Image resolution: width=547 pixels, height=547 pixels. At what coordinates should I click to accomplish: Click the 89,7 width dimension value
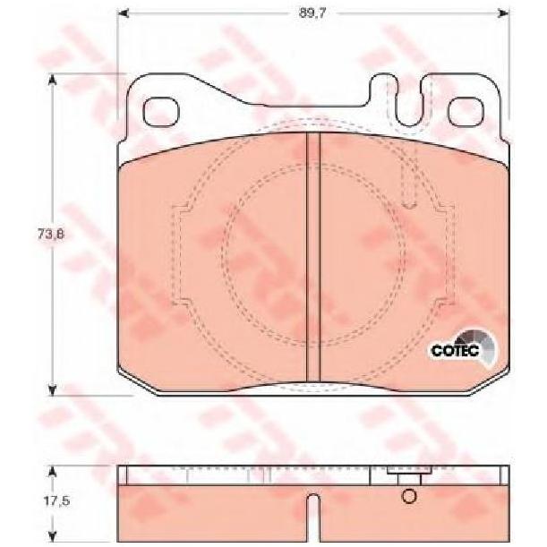click(x=312, y=13)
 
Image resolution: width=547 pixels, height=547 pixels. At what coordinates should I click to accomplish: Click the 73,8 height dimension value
click(x=51, y=234)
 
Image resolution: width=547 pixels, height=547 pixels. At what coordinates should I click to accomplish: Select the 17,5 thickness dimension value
click(x=57, y=501)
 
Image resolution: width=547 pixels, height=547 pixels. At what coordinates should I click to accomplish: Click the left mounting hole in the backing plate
click(x=161, y=112)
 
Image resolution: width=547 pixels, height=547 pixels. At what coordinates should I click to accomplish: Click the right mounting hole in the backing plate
click(x=466, y=112)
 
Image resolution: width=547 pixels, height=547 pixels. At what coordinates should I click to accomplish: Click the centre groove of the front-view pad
click(x=313, y=258)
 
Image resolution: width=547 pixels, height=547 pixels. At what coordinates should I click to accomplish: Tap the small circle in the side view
click(x=409, y=496)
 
